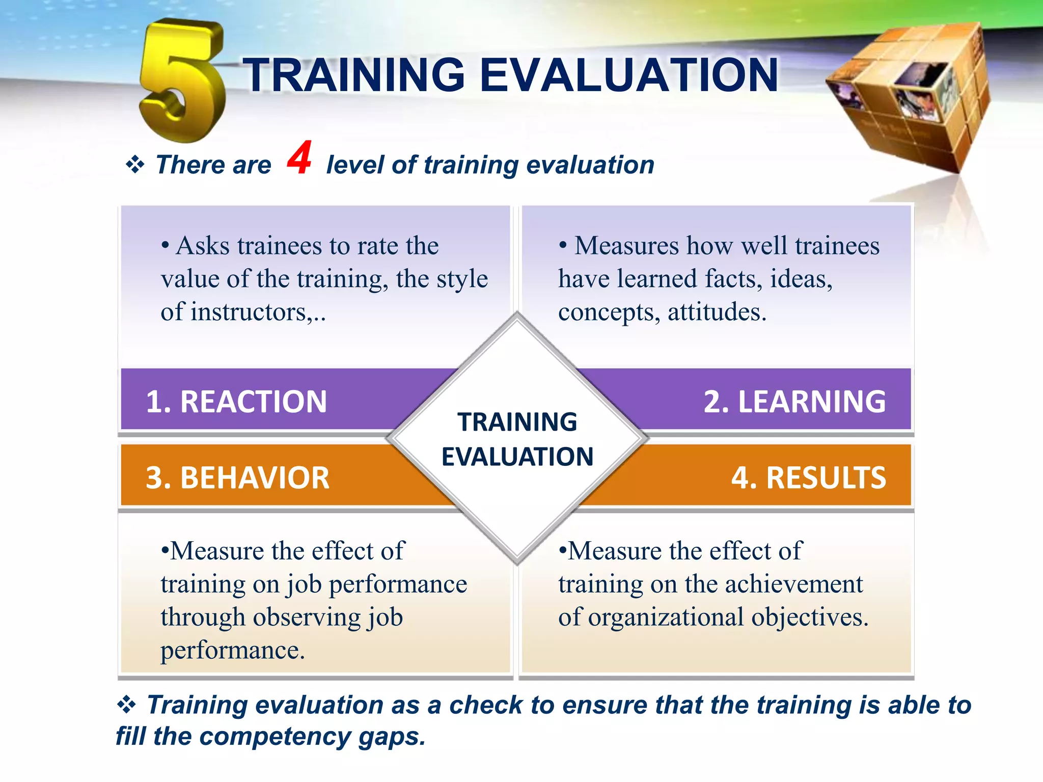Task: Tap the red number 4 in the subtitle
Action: click(299, 158)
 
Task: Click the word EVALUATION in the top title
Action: click(628, 75)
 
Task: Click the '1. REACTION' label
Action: click(236, 402)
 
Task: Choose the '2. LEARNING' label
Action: click(794, 402)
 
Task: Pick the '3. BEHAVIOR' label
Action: click(237, 478)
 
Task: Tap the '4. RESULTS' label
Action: click(808, 478)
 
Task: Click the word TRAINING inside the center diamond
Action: click(517, 422)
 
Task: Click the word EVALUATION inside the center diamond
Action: click(517, 457)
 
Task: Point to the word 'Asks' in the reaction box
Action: click(203, 246)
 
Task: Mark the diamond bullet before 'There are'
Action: click(135, 165)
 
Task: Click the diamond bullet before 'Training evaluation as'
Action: click(126, 705)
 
